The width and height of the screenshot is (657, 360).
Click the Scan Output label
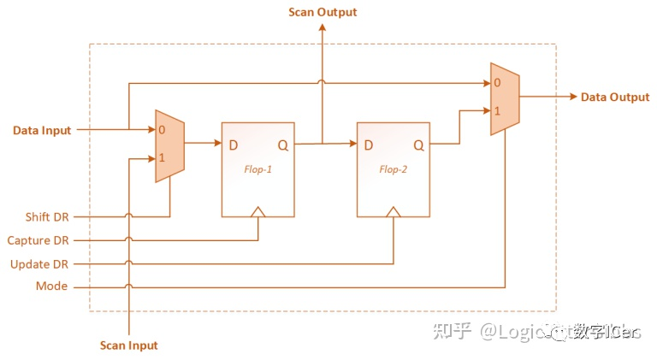tap(322, 12)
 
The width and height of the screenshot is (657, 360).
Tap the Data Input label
tap(42, 131)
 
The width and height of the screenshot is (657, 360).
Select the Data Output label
tap(615, 97)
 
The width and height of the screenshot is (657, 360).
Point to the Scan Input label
tap(128, 345)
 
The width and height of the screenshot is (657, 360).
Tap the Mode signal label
tap(51, 286)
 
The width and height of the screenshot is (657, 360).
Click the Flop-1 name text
tap(257, 169)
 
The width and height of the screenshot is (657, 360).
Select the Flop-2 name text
tap(393, 169)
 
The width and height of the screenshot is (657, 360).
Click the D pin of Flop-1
tap(234, 145)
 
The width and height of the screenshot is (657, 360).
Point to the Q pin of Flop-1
tap(283, 145)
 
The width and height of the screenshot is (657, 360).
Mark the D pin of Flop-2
tap(369, 145)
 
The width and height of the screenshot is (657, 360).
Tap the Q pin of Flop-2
tap(418, 145)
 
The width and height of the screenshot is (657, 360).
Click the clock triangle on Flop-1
tap(258, 210)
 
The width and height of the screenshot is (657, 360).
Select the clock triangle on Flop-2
tap(393, 210)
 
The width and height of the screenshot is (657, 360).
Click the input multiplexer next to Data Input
tap(169, 145)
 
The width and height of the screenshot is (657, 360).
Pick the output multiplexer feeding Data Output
tap(504, 97)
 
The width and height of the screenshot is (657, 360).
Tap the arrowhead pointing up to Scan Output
tap(322, 28)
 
